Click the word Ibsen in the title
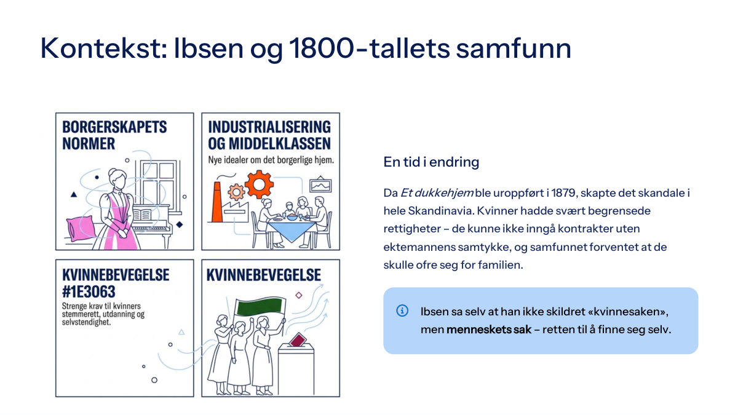tap(208, 48)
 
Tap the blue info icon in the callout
tap(402, 310)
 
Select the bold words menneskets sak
tap(488, 330)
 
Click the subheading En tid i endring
tap(431, 162)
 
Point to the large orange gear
tap(259, 184)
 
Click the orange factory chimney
tap(216, 202)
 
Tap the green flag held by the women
tap(260, 307)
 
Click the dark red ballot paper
tap(298, 339)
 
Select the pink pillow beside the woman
tap(81, 228)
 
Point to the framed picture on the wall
tap(320, 185)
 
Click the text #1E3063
tap(89, 291)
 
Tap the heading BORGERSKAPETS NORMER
tap(114, 135)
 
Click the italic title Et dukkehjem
tap(437, 192)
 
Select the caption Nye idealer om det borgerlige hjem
tap(271, 160)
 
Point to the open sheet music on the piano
tap(142, 215)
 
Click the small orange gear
tap(236, 192)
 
